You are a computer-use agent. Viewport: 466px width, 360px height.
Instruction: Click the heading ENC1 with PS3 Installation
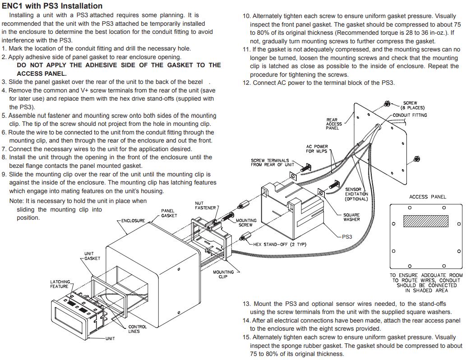coord(52,6)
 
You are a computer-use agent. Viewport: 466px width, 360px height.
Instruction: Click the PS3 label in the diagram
coord(347,236)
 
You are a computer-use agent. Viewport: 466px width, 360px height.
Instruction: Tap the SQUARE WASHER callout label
coord(351,217)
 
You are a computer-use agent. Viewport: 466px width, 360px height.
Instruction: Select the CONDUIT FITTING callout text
coord(410,115)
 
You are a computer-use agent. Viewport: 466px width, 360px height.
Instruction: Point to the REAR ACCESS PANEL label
coord(334,124)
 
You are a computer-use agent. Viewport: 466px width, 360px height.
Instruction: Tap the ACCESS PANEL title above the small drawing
coord(427,197)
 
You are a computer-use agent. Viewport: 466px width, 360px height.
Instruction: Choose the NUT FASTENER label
coord(205,205)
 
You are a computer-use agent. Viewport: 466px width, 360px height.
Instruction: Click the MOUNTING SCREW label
coord(246,222)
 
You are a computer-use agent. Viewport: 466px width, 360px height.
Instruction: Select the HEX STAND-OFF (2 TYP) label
coord(280,244)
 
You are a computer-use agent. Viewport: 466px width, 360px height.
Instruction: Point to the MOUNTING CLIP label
coord(223,274)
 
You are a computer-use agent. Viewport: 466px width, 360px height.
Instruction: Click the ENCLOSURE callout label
coord(133,221)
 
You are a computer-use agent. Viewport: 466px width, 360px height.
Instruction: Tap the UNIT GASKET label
coord(92,256)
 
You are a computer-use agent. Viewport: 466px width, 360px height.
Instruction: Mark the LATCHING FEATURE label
coord(60,284)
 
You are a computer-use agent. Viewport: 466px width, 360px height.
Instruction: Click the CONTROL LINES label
coord(138,329)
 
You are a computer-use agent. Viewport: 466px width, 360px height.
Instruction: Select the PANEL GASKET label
coord(169,213)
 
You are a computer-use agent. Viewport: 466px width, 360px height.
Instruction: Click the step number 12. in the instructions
coord(247,83)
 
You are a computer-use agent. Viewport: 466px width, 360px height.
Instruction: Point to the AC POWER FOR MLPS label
coord(317,149)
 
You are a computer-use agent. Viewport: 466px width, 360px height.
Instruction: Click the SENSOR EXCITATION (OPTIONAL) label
coord(356,194)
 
